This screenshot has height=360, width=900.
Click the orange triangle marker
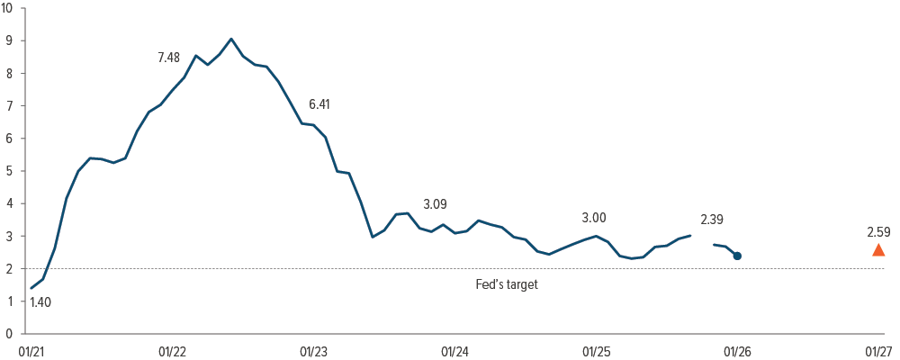point(878,250)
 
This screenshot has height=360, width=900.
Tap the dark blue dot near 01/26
point(737,256)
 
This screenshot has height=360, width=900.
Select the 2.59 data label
point(878,232)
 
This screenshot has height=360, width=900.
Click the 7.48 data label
point(168,58)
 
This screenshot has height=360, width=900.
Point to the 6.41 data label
point(319,104)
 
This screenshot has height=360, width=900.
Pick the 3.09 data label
point(435,204)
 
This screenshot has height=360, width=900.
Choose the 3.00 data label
point(594,217)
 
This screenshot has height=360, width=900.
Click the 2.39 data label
point(711,220)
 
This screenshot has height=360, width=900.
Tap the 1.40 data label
point(40,302)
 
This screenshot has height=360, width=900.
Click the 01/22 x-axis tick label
point(172,350)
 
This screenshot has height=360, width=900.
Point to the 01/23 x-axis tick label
point(313,350)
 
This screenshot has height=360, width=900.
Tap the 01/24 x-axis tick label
point(454,350)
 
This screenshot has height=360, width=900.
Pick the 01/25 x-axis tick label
point(596,350)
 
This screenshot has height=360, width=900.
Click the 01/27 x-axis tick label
point(878,350)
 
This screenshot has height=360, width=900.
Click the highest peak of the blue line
point(231,39)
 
